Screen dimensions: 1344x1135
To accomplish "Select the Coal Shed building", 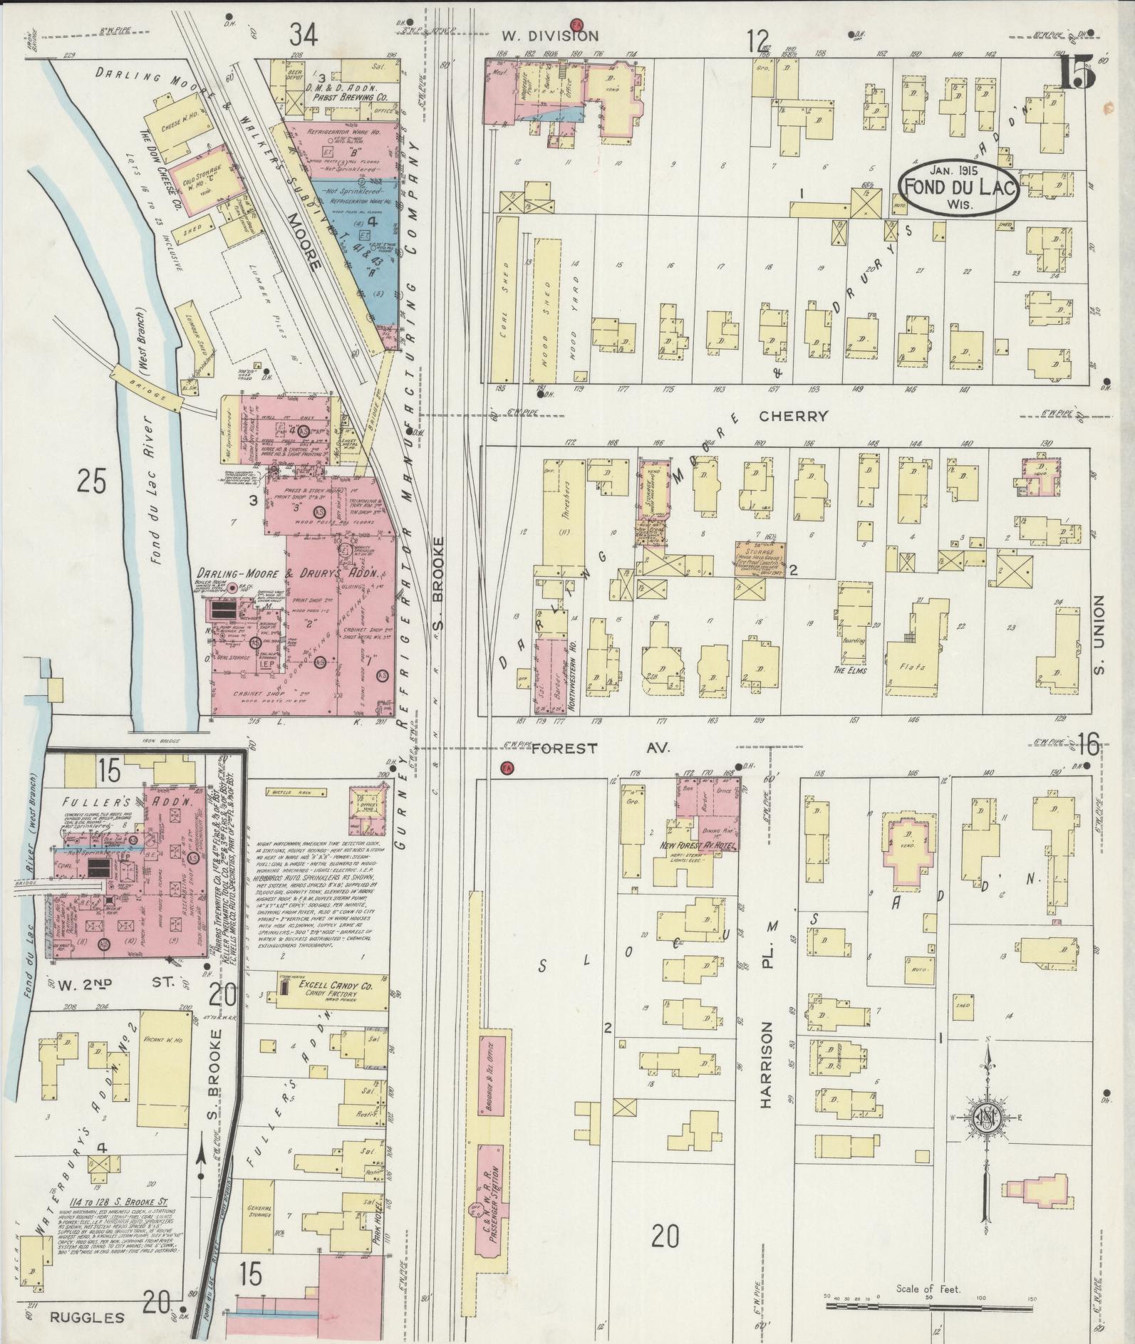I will click(505, 299).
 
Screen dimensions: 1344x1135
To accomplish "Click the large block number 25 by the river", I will click(92, 482).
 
